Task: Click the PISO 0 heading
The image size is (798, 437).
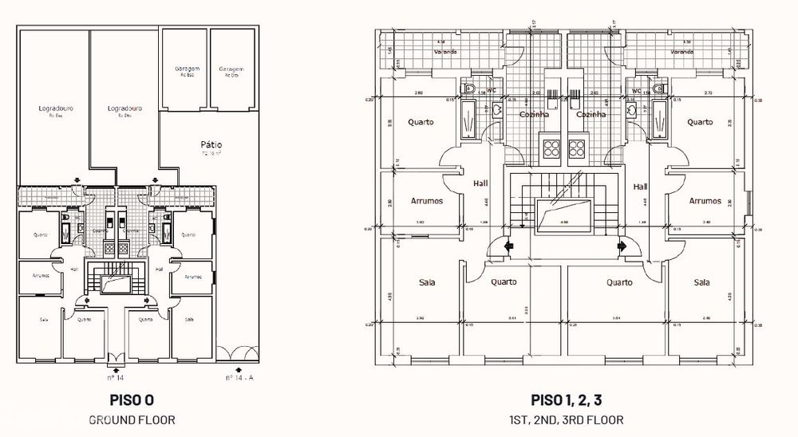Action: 132,400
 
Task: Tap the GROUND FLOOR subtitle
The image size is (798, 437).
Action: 132,418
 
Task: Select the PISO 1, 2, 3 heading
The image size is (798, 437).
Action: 567,400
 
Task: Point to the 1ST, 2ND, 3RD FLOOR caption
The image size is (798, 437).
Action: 567,419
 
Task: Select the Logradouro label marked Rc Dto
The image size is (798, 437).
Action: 124,108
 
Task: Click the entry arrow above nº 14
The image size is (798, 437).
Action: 117,368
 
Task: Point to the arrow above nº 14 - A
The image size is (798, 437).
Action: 239,368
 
